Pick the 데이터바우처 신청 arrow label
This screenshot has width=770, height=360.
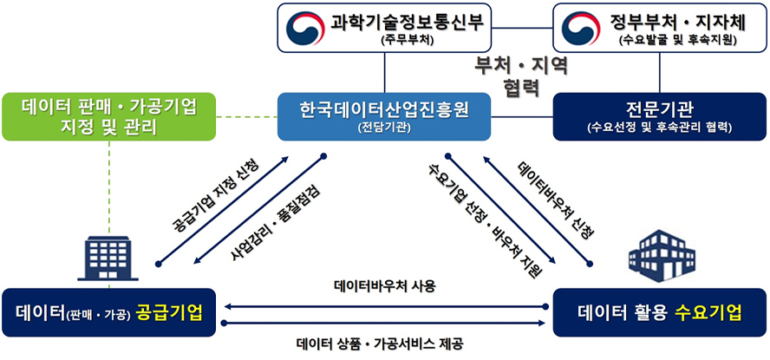(x=556, y=200)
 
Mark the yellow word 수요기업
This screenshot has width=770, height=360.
(x=710, y=312)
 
